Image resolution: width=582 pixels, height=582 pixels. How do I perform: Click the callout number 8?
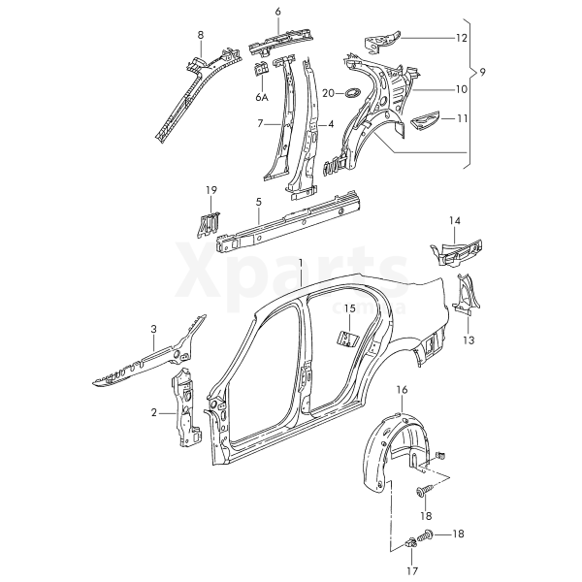(x=201, y=36)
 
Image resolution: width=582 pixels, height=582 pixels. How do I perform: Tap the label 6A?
(x=262, y=97)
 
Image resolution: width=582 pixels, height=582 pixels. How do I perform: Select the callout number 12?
(x=461, y=38)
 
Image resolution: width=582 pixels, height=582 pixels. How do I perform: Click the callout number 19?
(x=210, y=189)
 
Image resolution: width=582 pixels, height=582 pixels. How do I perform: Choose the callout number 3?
(x=153, y=331)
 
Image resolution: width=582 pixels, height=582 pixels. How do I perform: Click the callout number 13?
(x=468, y=340)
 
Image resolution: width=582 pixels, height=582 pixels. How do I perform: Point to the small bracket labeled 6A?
(x=260, y=70)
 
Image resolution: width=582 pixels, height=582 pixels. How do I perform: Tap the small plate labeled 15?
(x=344, y=337)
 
